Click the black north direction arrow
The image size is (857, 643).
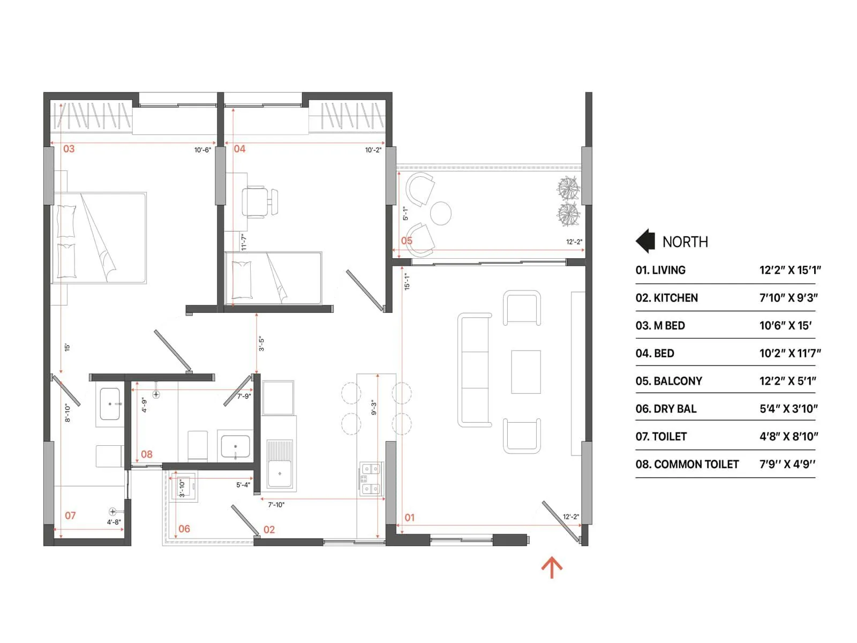[646, 241]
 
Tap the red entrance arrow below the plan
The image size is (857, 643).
[552, 567]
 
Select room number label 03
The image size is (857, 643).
[69, 149]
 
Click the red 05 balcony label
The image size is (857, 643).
[407, 241]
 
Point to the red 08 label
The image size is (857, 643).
[146, 454]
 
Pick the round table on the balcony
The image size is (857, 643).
[441, 213]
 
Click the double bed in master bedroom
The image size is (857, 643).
[100, 238]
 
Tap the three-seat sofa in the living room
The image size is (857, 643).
[475, 370]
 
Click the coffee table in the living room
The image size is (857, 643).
[525, 372]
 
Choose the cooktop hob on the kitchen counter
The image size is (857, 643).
[371, 478]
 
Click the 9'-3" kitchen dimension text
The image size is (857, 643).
[374, 408]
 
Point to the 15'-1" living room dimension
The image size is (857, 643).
[407, 281]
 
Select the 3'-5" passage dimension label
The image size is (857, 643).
[261, 343]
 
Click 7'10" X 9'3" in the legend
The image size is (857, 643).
[788, 298]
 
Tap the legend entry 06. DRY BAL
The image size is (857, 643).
[666, 409]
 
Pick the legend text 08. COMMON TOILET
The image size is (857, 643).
[687, 465]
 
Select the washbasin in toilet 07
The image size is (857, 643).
[110, 404]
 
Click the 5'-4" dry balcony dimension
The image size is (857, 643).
[243, 485]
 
